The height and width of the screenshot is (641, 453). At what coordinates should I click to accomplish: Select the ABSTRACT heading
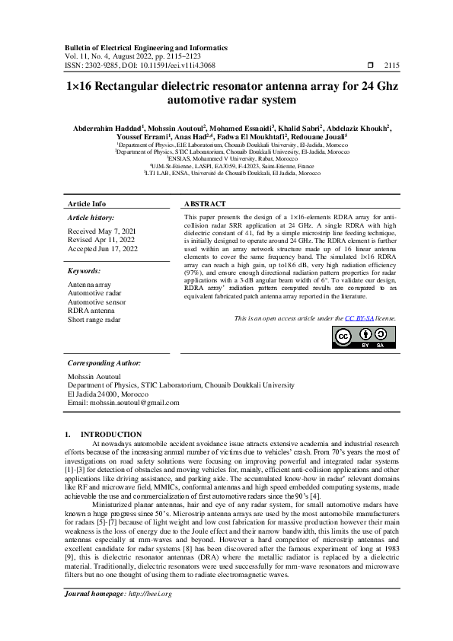tap(205, 205)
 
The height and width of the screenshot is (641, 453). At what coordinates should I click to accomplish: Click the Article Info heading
tap(87, 205)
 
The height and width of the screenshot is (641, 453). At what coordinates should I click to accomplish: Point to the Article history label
tap(91, 218)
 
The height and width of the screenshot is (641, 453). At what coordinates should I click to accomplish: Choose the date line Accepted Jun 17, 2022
tap(103, 249)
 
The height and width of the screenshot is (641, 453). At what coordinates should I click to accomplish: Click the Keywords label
tap(85, 271)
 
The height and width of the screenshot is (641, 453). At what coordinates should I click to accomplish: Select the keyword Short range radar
tap(94, 320)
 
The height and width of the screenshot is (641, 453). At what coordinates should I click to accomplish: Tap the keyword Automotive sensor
tap(95, 301)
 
